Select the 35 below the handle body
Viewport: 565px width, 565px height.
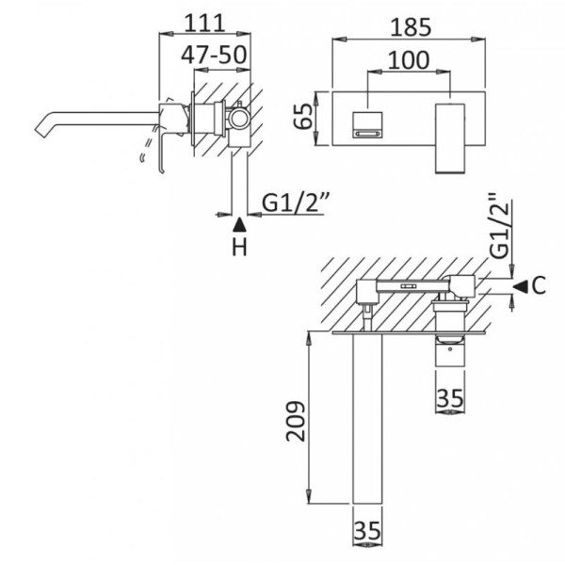451,398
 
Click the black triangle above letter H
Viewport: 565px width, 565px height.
239,224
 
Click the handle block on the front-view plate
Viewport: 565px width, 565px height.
451,138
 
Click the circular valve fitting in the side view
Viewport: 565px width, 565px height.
239,120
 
